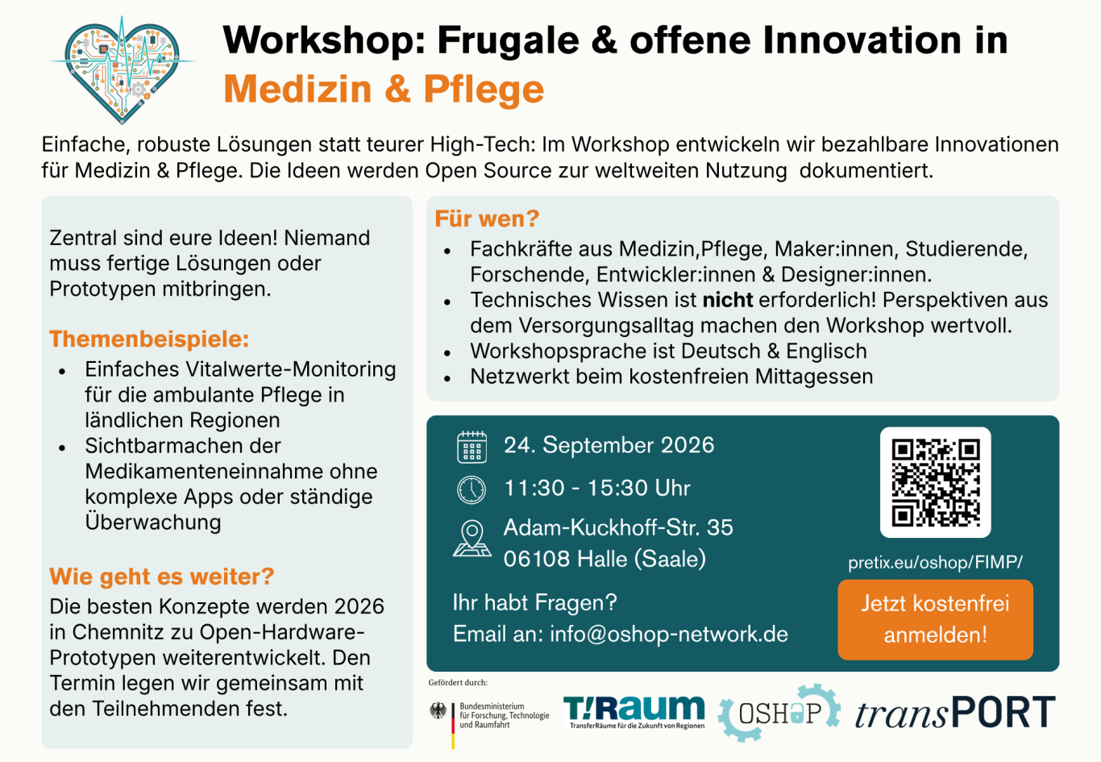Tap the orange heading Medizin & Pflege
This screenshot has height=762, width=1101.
[x=384, y=90]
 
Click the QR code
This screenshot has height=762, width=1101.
[x=935, y=482]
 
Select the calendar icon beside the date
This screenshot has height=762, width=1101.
[x=472, y=447]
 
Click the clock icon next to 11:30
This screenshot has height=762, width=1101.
[x=472, y=489]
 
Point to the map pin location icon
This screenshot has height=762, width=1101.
[x=472, y=539]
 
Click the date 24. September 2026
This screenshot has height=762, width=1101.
[x=609, y=445]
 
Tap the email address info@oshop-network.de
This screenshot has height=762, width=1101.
[x=669, y=634]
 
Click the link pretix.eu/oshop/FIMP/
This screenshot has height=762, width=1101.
[x=935, y=562]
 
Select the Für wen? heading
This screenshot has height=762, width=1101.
[x=487, y=219]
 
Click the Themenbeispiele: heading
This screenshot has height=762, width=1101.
[x=149, y=339]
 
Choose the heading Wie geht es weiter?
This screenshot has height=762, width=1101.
[x=162, y=577]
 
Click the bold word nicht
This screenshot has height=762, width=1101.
[x=728, y=300]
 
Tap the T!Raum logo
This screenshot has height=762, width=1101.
[x=634, y=712]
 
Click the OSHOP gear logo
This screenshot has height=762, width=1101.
[x=779, y=712]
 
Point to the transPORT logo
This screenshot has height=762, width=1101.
[x=955, y=712]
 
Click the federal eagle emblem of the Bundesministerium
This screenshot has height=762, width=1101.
[x=438, y=710]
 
